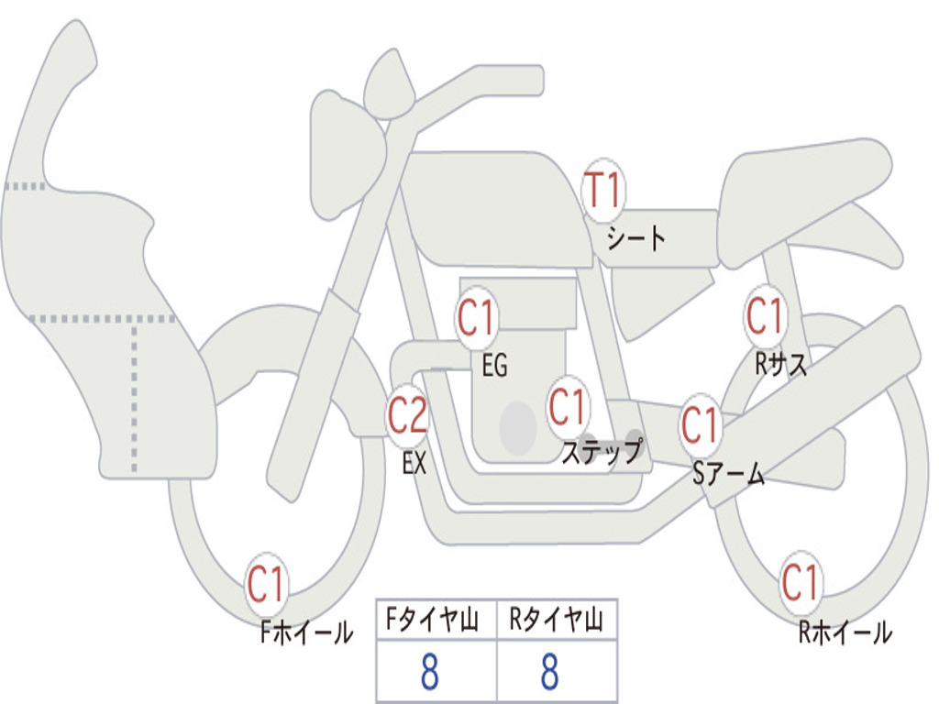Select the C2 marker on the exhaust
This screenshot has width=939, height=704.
407,415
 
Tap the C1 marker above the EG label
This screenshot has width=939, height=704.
477,318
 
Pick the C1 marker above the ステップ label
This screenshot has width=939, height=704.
567,406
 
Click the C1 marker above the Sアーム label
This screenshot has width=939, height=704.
701,424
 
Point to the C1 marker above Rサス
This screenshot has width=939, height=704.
766,315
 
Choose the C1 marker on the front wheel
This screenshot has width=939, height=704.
267,583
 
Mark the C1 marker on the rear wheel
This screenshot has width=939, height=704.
800,581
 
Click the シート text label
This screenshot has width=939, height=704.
636,238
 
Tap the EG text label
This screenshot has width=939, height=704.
494,365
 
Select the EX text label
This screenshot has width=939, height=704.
414,463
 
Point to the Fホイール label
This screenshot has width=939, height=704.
306,632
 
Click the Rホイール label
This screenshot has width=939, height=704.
845,632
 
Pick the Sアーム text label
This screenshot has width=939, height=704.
729,474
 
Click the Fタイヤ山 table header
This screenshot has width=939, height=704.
432,620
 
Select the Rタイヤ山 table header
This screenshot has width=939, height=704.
556,620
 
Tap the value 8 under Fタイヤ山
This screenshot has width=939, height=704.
429,671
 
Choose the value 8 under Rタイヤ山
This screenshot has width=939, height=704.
550,671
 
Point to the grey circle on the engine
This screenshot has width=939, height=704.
518,428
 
